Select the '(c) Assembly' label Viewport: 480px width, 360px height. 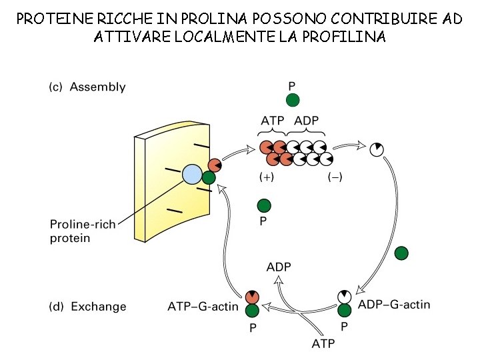(x=88, y=87)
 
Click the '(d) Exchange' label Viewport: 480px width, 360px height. (x=88, y=307)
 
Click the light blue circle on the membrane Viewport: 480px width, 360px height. (x=192, y=175)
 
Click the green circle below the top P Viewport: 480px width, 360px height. (x=293, y=100)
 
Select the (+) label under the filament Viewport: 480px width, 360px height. (x=266, y=178)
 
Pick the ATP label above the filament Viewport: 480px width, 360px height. (x=273, y=121)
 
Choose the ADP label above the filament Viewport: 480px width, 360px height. (x=307, y=121)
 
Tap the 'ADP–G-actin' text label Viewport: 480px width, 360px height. (x=394, y=305)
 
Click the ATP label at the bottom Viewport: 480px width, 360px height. (x=323, y=344)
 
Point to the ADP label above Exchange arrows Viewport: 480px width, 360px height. (x=279, y=267)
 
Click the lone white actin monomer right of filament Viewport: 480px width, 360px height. (x=377, y=149)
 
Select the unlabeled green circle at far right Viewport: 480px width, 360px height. (x=401, y=253)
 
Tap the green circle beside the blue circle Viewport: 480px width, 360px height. (x=209, y=177)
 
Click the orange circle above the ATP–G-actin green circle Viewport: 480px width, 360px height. (x=252, y=297)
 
